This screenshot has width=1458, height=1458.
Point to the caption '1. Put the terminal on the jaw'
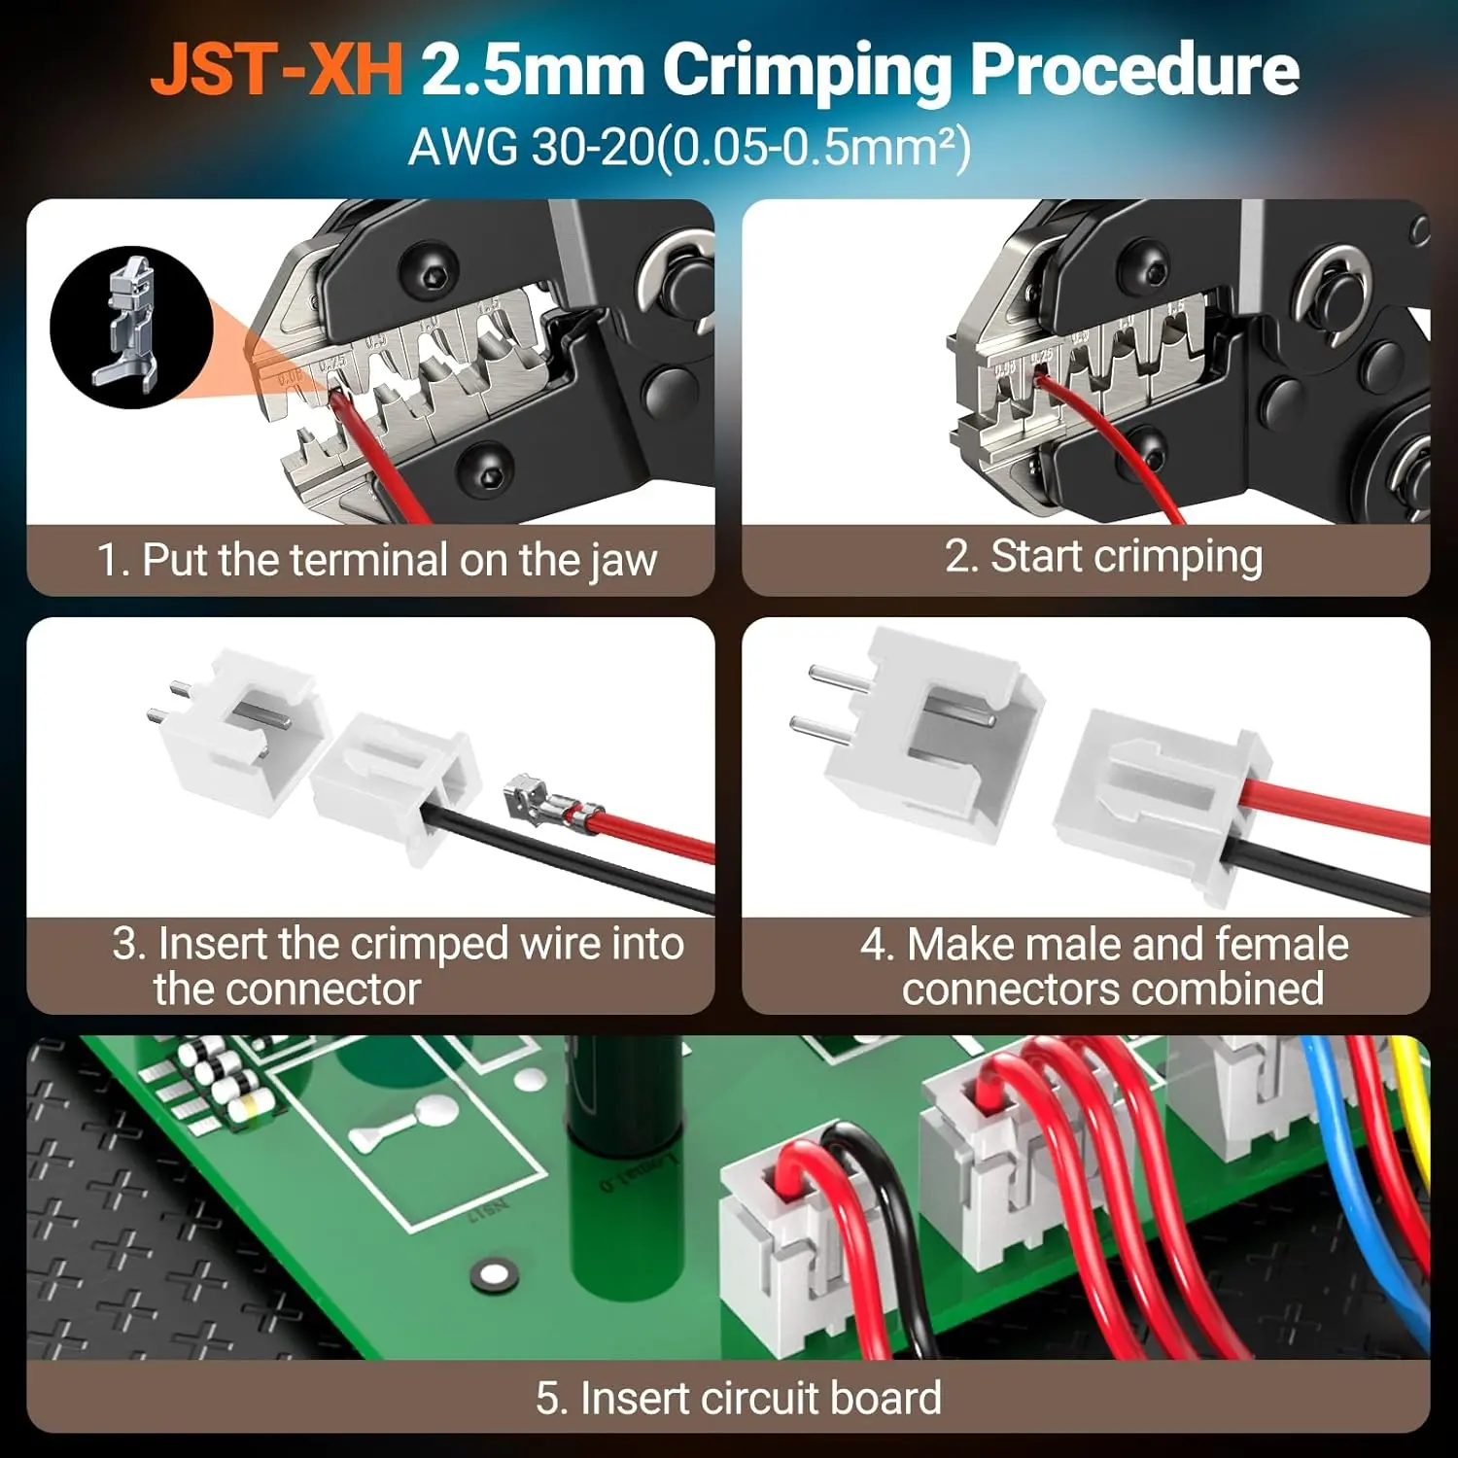(377, 561)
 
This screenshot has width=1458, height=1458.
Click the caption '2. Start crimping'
(1103, 557)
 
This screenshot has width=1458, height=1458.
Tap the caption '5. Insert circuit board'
(739, 1398)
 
